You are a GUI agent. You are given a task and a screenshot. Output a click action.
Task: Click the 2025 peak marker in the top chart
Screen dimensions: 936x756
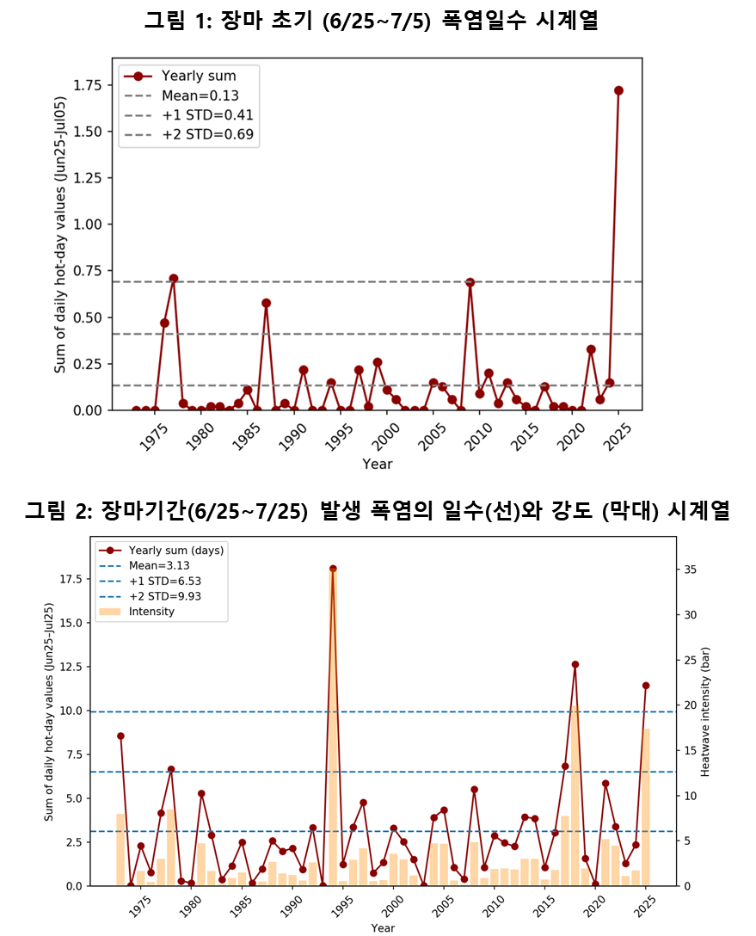point(618,90)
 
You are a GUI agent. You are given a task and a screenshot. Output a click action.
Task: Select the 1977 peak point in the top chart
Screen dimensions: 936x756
point(174,279)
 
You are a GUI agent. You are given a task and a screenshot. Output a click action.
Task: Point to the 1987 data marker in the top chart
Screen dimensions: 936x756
point(267,303)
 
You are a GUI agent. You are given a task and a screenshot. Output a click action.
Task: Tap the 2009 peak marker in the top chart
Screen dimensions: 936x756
point(470,282)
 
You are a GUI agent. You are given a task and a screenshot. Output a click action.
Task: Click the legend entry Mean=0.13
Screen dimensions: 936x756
point(200,95)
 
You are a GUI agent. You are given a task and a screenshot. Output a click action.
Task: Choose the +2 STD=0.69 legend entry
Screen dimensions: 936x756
point(206,134)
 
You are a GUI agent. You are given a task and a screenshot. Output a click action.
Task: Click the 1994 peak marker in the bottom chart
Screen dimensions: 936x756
point(333,569)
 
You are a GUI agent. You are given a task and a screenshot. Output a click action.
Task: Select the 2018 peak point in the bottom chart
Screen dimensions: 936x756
point(575,664)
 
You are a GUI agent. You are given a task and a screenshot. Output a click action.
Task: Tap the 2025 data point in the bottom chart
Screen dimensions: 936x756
point(646,686)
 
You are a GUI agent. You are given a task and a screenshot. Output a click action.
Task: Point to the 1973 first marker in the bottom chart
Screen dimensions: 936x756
point(120,736)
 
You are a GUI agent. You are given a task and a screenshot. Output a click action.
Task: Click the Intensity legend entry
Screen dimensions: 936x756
point(151,612)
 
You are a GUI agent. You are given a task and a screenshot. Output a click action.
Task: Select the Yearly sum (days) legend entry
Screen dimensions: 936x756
point(175,551)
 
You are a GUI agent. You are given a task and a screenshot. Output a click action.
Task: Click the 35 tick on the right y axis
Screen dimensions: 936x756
point(691,570)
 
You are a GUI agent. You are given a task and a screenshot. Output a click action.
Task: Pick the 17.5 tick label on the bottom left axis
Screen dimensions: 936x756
point(73,579)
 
